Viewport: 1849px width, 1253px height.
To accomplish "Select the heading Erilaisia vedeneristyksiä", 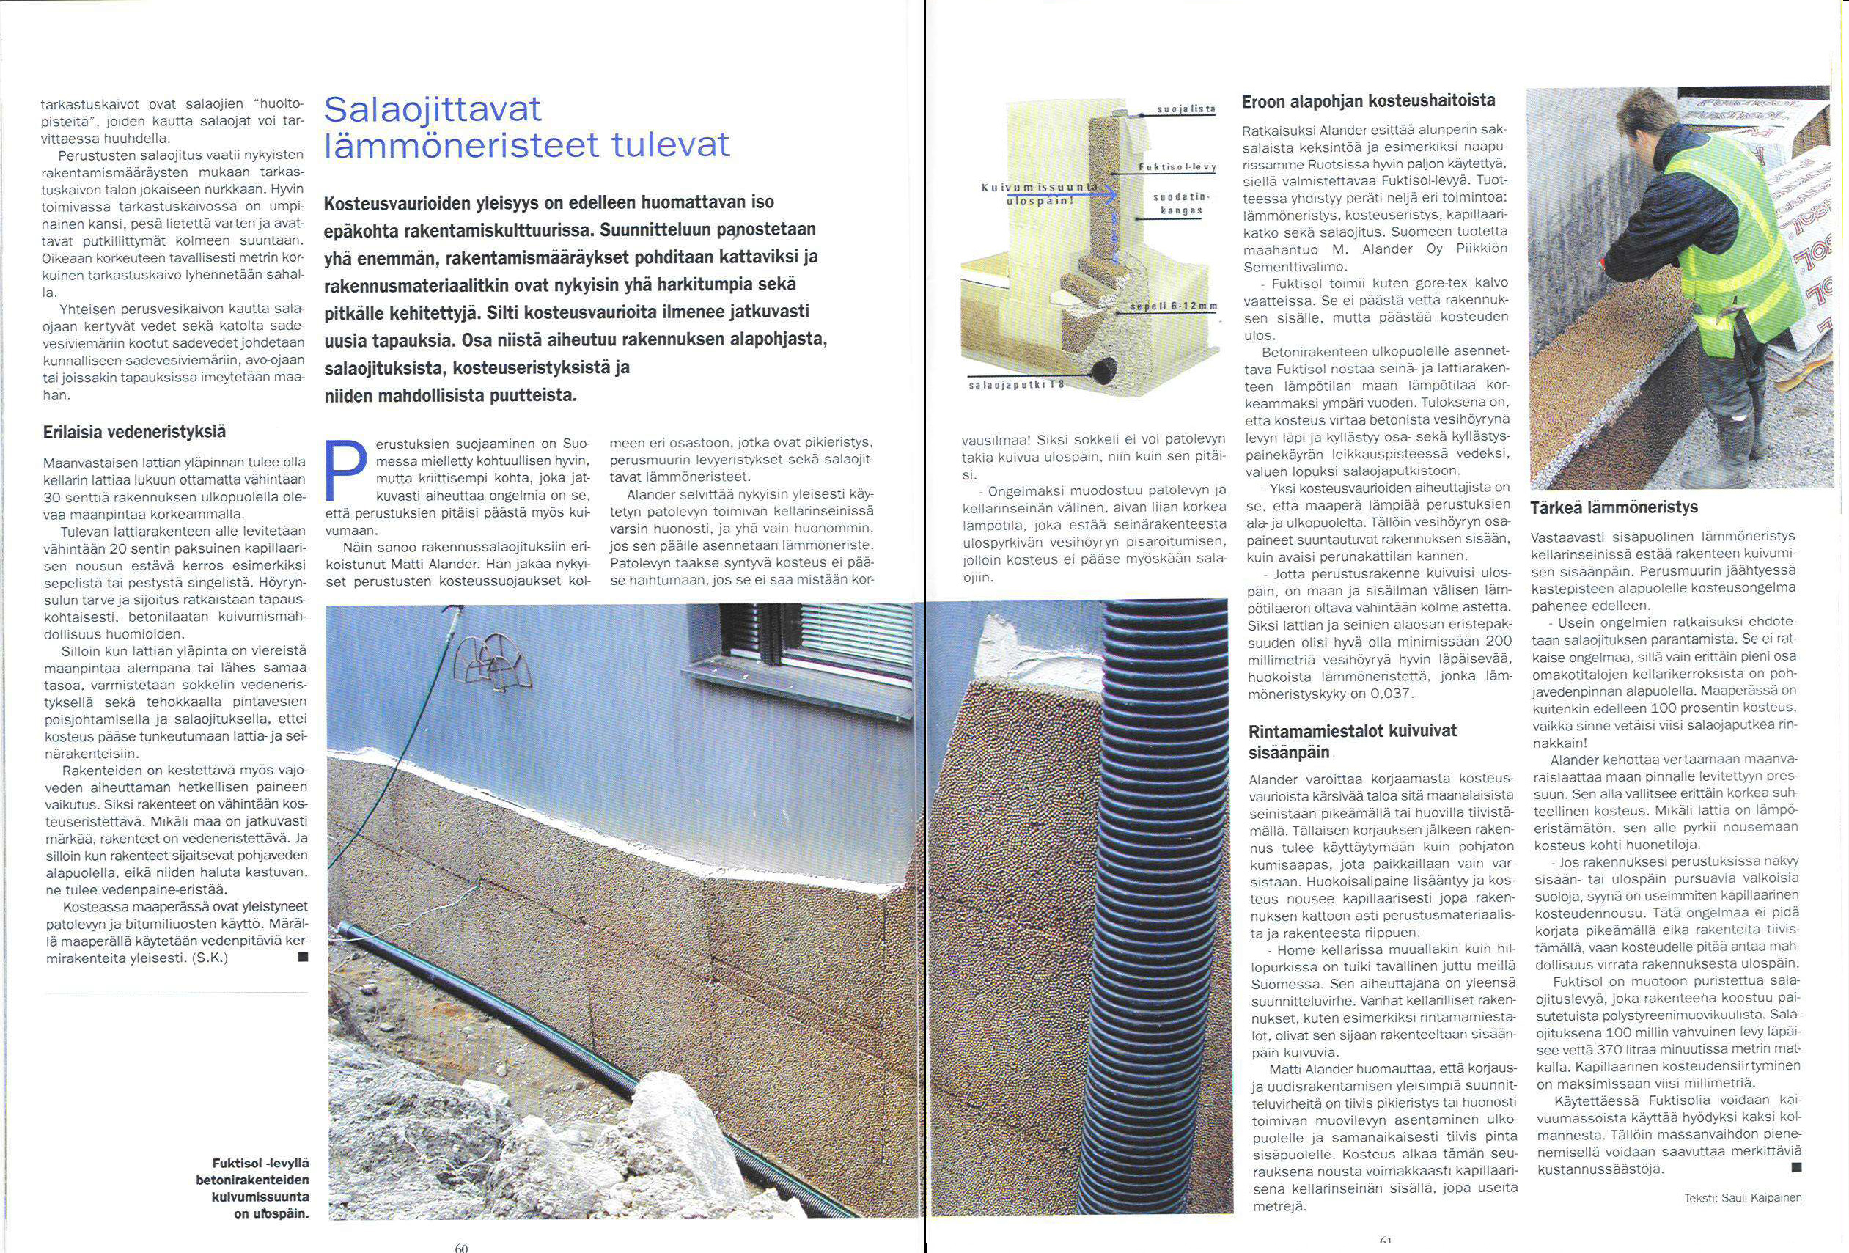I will pyautogui.click(x=133, y=432).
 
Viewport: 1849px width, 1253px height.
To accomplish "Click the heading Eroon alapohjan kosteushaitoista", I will pyautogui.click(x=1367, y=102).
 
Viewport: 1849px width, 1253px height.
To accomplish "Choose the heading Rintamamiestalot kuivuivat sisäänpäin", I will pyautogui.click(x=1353, y=741).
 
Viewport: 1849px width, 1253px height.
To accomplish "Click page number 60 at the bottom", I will pyautogui.click(x=462, y=1246).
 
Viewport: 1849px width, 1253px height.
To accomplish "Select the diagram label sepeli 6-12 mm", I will pyautogui.click(x=1174, y=307).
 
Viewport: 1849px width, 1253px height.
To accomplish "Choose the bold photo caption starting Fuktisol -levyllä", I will pyautogui.click(x=252, y=1188).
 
